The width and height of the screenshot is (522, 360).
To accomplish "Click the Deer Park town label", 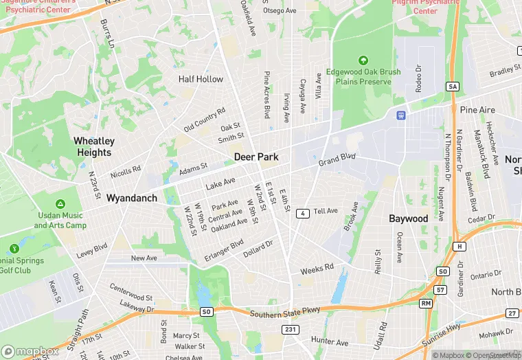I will pyautogui.click(x=256, y=157).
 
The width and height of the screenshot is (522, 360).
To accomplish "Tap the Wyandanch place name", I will pyautogui.click(x=131, y=198).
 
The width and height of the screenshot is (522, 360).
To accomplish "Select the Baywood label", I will pyautogui.click(x=408, y=218).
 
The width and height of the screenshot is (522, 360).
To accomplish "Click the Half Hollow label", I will pyautogui.click(x=201, y=79).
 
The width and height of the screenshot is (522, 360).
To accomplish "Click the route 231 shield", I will pyautogui.click(x=291, y=330).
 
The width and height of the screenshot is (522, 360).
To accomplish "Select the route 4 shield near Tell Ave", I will pyautogui.click(x=302, y=214).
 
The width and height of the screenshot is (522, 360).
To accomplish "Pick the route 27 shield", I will pyautogui.click(x=512, y=313).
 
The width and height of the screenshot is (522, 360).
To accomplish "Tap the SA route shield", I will pyautogui.click(x=452, y=87).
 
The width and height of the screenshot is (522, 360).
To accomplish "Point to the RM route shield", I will pyautogui.click(x=426, y=302).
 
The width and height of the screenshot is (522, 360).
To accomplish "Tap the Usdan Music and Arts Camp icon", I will pyautogui.click(x=60, y=205).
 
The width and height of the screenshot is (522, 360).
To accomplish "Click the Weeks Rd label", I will pyautogui.click(x=317, y=269).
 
